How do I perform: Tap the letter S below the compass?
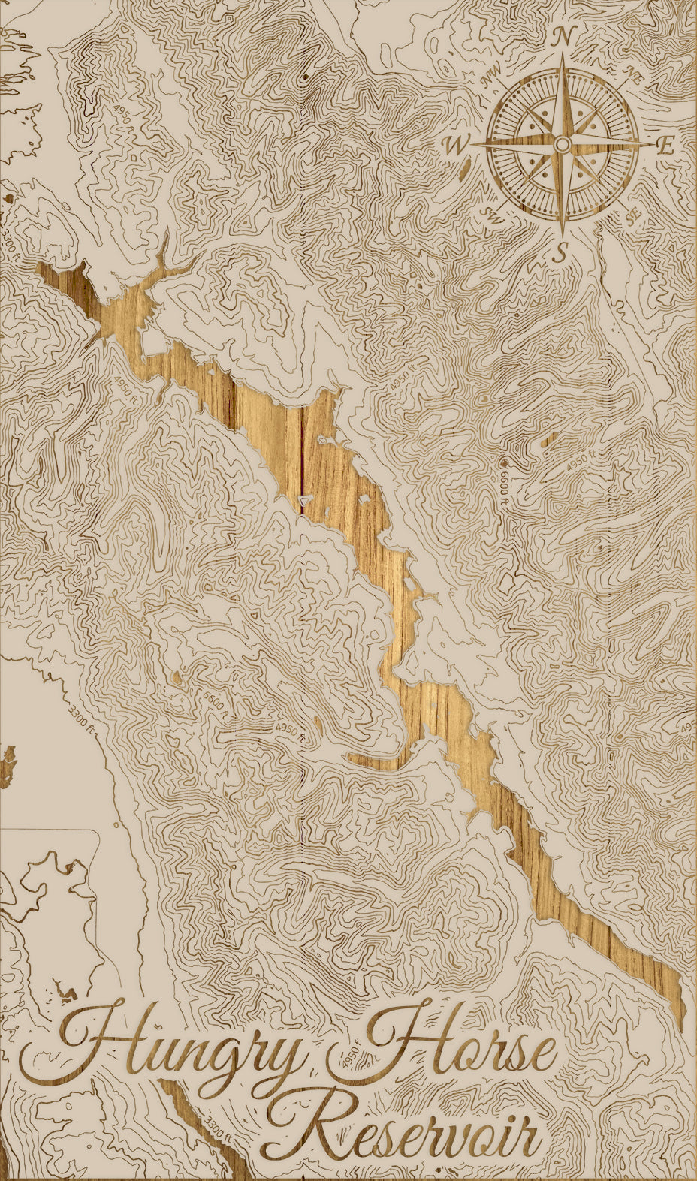tap(559, 254)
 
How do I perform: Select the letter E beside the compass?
tap(665, 146)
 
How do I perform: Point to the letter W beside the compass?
tap(457, 146)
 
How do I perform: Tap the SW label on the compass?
tap(493, 216)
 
